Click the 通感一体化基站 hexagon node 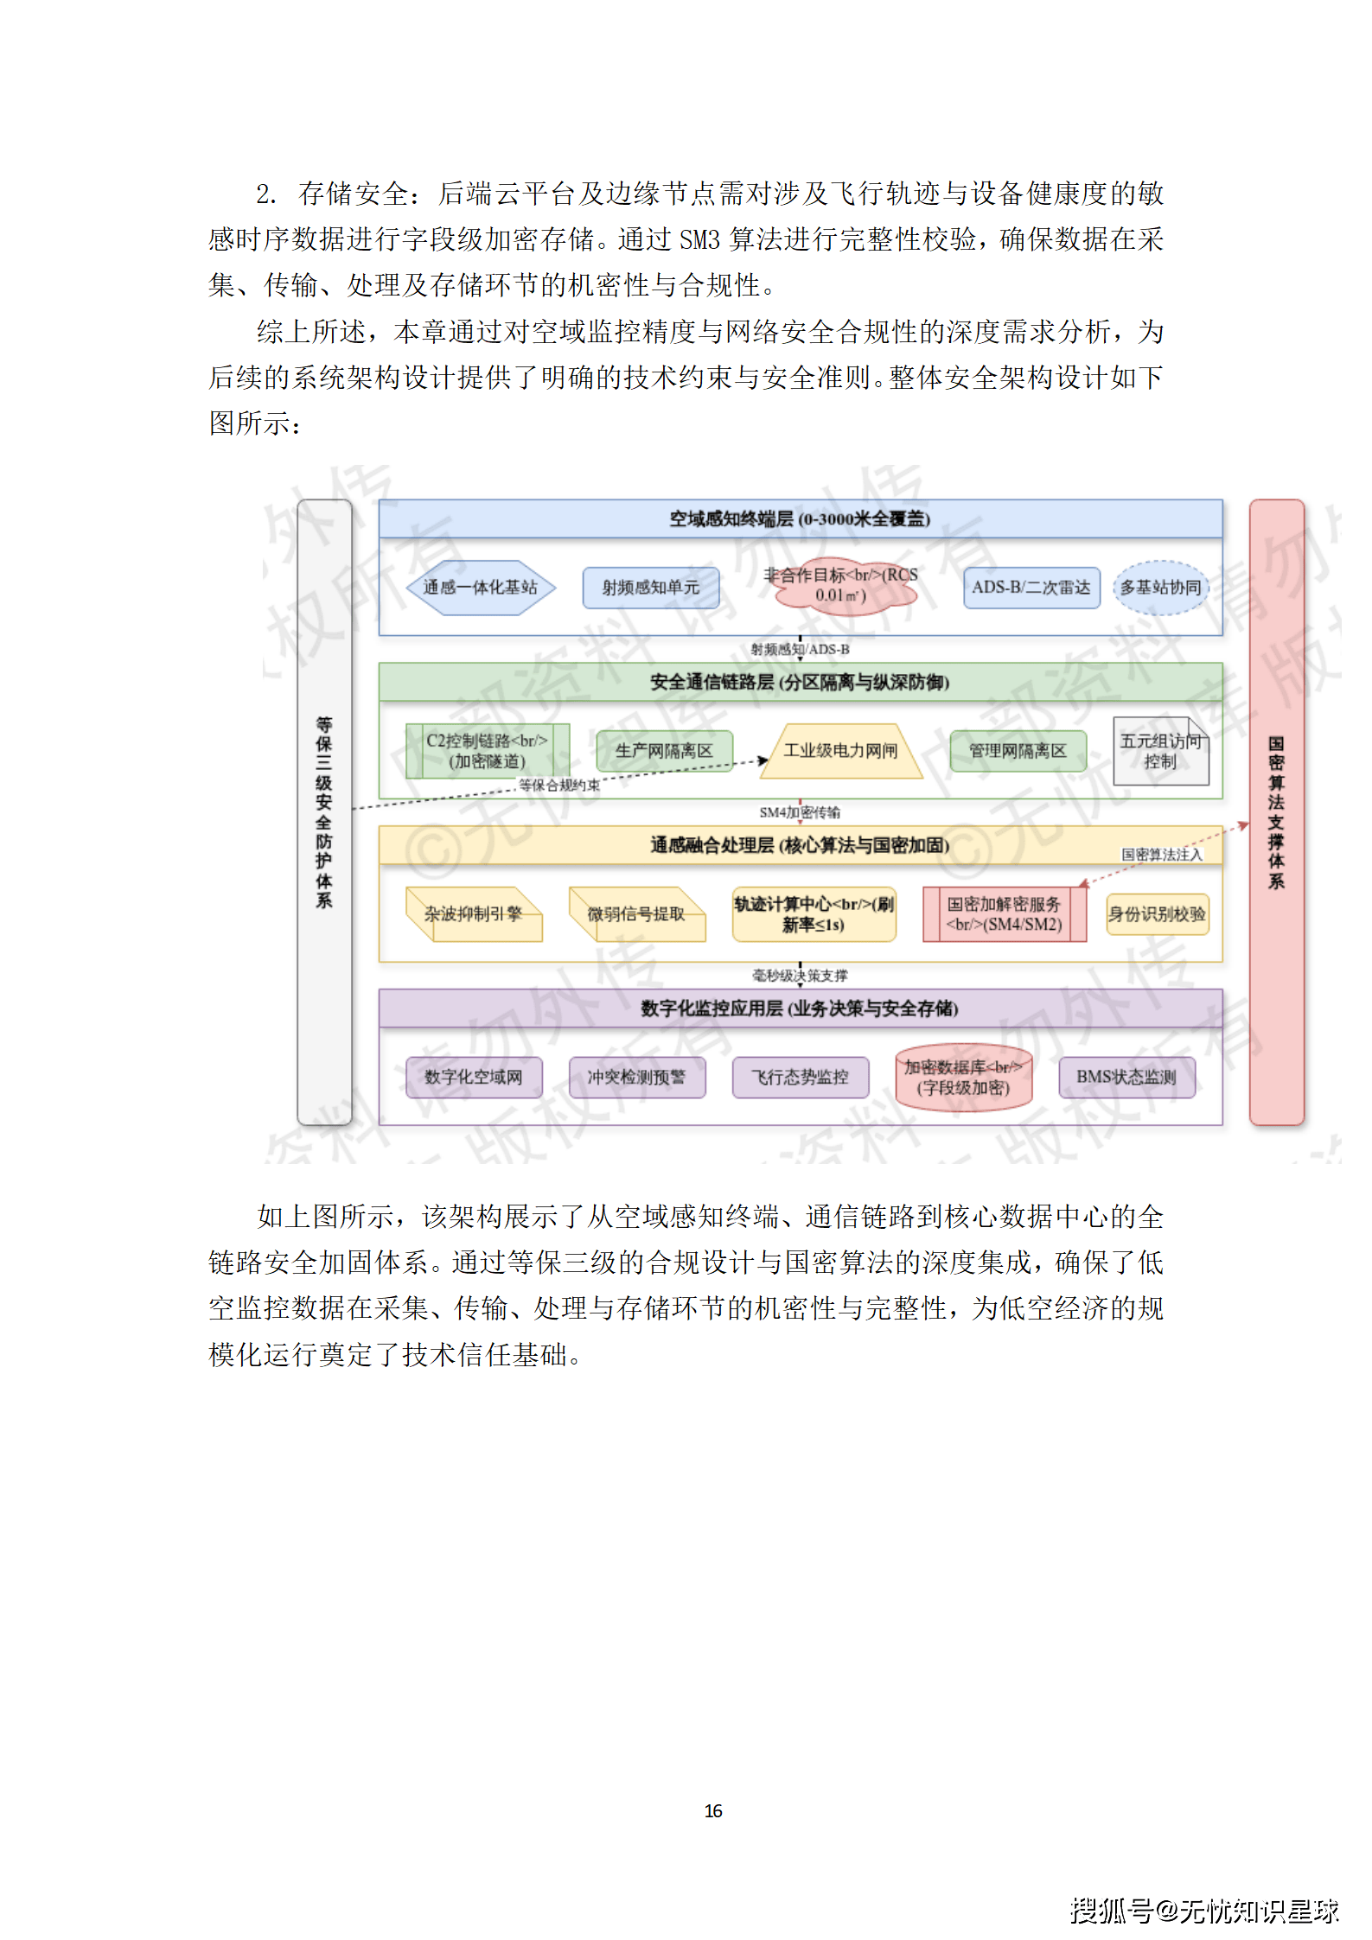point(480,588)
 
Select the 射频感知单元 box point(650,588)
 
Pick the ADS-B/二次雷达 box point(1031,588)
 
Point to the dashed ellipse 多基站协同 point(1160,588)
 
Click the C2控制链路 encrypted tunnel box point(487,751)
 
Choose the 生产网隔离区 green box point(664,751)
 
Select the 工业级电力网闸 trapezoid point(840,751)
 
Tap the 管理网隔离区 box point(1018,751)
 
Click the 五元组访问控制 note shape point(1160,751)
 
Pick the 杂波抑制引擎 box point(473,914)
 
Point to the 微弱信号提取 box point(636,914)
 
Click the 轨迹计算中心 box point(814,914)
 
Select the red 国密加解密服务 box point(1004,914)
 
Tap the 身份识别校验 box point(1157,914)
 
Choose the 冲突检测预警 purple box point(636,1078)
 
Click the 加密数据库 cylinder point(963,1078)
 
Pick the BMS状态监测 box point(1126,1078)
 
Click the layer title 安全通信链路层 point(800,683)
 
